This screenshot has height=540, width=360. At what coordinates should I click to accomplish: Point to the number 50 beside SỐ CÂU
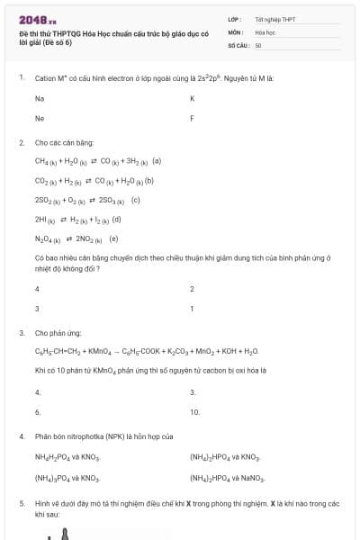tap(258, 44)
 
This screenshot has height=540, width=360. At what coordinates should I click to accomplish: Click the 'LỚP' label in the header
tap(234, 19)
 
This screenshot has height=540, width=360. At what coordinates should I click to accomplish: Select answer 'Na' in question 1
tap(40, 97)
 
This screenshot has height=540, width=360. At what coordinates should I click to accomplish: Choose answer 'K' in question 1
tap(193, 97)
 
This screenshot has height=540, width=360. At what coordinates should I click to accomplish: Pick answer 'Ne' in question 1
tap(40, 118)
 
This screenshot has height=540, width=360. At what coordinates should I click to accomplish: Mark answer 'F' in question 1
tap(192, 118)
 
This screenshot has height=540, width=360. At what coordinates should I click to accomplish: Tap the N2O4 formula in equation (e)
tap(47, 239)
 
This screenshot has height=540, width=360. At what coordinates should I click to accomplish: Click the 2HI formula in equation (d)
tap(43, 220)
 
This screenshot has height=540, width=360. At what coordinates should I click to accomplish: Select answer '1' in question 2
tap(192, 309)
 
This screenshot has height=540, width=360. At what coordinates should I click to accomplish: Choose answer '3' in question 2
tap(37, 309)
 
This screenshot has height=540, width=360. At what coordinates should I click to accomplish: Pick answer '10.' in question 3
tap(194, 411)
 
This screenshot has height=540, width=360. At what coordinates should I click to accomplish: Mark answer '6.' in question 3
tap(38, 411)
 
